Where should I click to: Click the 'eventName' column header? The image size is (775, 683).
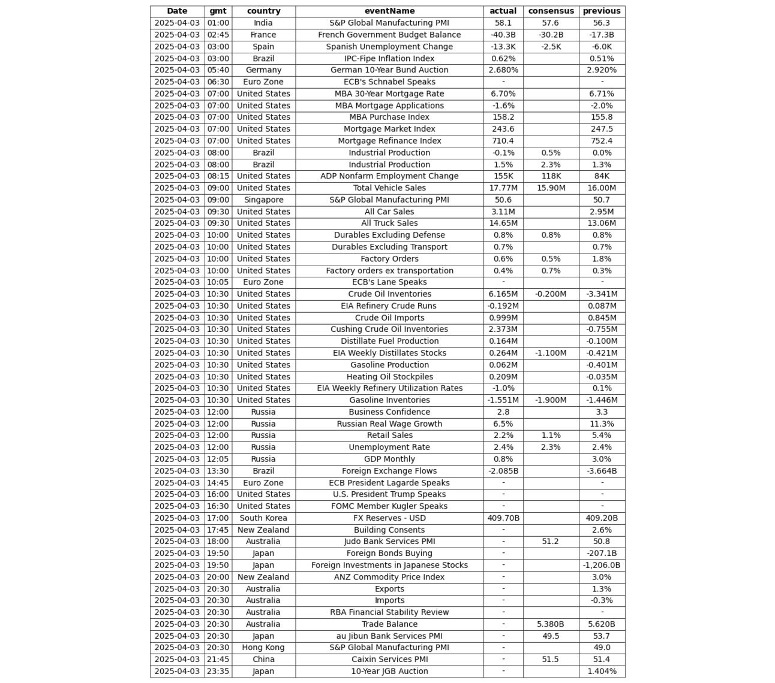coord(389,11)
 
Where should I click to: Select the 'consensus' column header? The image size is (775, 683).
coord(551,11)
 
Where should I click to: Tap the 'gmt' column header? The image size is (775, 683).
coord(218,11)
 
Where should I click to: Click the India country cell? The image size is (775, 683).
coord(263,23)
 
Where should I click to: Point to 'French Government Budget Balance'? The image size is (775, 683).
coord(389,35)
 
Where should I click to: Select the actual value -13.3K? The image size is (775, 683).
coord(503,47)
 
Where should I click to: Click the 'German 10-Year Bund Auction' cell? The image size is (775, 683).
coord(389,70)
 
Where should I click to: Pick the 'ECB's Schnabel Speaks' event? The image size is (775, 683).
coord(389,82)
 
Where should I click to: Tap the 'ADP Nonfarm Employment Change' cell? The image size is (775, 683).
coord(389,176)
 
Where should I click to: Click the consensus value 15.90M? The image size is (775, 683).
coord(551,188)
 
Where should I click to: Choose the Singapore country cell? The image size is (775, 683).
coord(263,200)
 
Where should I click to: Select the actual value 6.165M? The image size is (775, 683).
coord(503,294)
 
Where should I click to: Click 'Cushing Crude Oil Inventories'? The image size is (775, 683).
coord(389,330)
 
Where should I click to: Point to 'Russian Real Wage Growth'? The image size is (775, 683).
coord(389,424)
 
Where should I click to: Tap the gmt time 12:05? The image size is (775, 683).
coord(218,459)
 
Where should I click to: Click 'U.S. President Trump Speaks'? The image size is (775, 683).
coord(389,494)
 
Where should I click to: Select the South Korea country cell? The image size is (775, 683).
coord(263,518)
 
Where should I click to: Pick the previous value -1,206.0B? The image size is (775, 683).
coord(602,565)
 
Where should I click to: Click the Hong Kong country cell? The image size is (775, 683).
coord(263,648)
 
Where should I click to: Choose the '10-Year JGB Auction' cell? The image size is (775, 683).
coord(389,671)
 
